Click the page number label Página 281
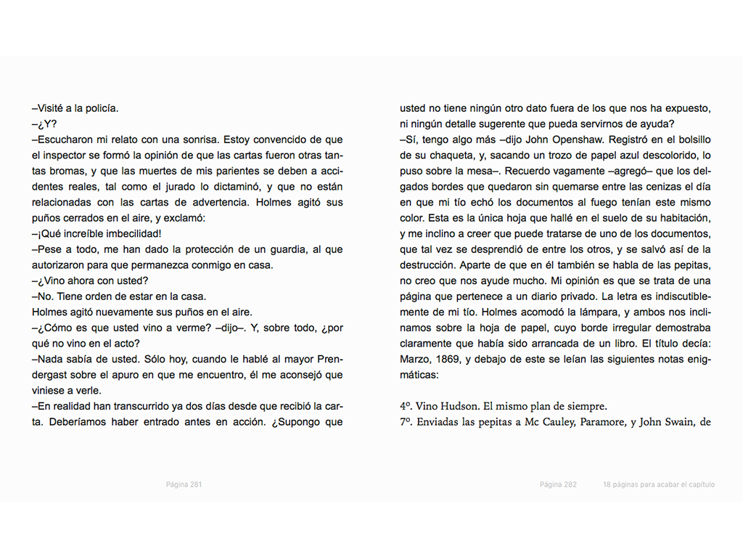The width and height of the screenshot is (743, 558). (184, 485)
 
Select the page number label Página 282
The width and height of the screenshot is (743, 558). (558, 485)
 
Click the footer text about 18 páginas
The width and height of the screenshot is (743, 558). (658, 485)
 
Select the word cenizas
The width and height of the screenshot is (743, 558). (645, 186)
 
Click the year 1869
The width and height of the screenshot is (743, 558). (448, 359)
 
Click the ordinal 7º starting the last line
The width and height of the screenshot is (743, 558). (406, 422)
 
